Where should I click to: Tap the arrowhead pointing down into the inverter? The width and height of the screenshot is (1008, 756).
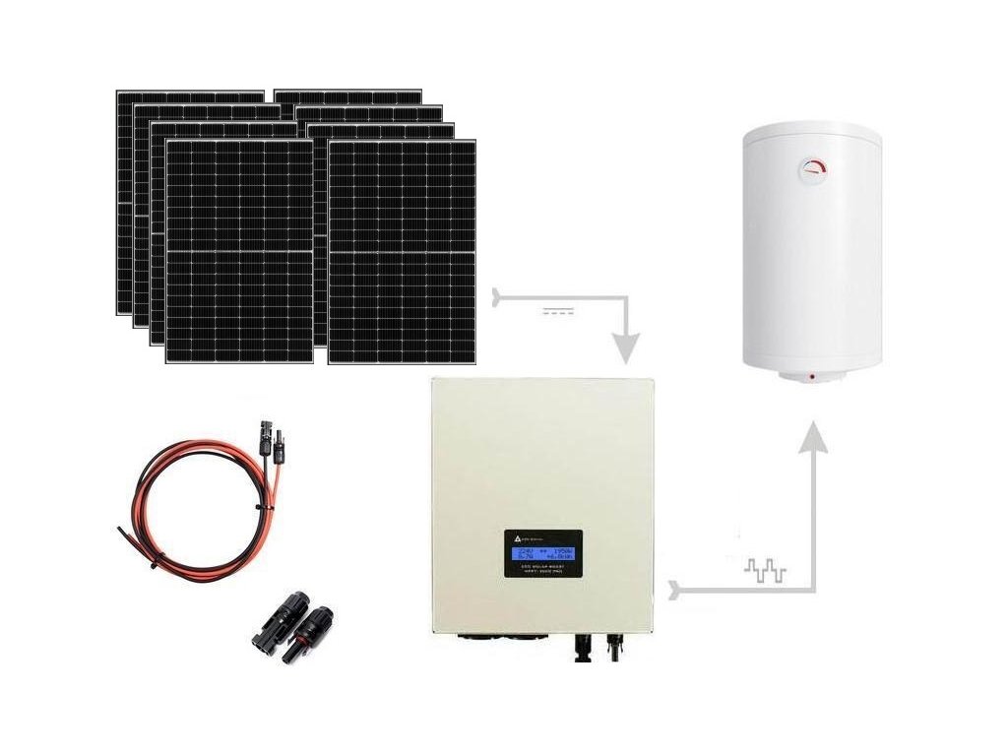pos(625,347)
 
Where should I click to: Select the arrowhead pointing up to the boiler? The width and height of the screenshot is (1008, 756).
pos(812,436)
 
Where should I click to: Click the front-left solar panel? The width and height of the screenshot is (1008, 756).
pos(239,251)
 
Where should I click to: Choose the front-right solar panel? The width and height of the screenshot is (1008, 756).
pos(402,251)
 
